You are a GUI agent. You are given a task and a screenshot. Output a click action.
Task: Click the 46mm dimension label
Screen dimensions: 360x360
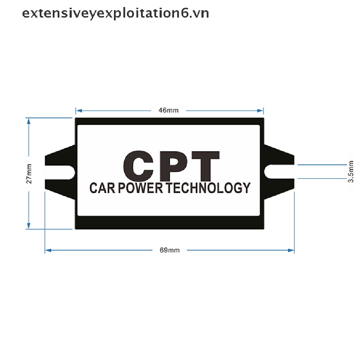168,110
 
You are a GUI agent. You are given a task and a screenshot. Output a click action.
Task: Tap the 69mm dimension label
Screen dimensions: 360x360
169,250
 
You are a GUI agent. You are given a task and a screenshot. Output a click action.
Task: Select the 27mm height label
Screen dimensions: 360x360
29,174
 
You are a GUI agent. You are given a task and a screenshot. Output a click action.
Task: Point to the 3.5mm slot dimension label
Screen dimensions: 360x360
351,172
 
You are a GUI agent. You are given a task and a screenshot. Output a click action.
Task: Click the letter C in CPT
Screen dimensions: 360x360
139,165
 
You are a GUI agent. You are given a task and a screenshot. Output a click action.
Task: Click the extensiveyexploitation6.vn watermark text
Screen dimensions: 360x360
116,13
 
